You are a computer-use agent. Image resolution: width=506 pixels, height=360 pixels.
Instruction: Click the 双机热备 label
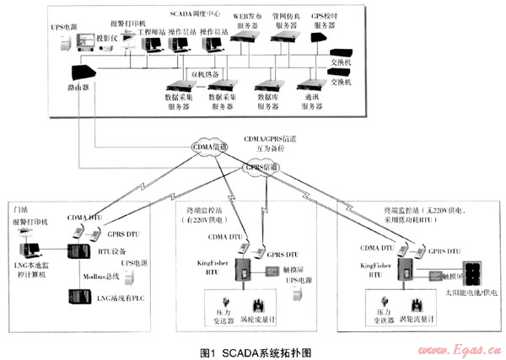[x=205, y=73]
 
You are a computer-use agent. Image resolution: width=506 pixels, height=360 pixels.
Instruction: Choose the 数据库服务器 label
[x=270, y=102]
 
